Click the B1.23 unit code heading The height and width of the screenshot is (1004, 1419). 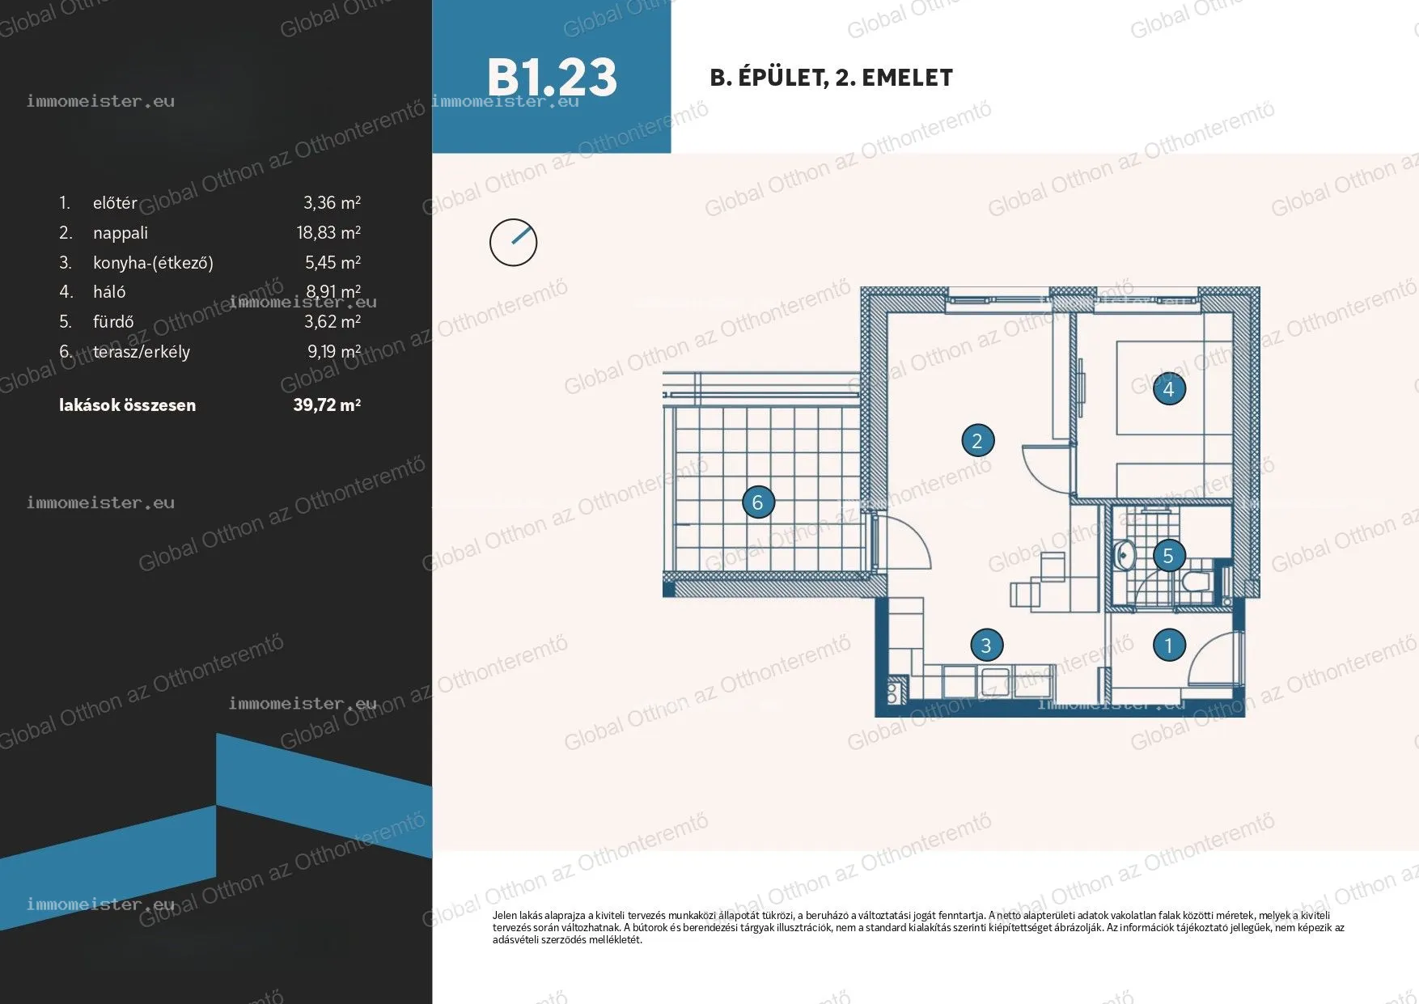552,78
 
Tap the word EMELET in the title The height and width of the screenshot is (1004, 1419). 907,78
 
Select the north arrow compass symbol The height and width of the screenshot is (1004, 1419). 514,242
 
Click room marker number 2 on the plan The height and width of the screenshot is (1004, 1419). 977,441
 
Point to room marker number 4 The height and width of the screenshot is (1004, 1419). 1168,389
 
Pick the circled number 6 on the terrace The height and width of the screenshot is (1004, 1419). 758,502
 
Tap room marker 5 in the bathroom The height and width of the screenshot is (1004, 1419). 1168,556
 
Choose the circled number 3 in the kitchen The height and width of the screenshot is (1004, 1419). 986,646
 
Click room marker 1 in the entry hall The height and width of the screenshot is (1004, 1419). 1169,646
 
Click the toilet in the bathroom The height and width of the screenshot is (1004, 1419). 1195,581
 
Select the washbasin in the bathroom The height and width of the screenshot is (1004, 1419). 1124,555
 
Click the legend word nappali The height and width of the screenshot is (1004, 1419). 121,233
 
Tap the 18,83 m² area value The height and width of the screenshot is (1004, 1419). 328,232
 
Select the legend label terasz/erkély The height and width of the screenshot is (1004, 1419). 142,352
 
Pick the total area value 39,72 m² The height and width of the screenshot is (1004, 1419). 327,405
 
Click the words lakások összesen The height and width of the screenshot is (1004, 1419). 127,405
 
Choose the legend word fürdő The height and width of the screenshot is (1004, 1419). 113,322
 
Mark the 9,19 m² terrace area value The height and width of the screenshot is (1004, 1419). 334,351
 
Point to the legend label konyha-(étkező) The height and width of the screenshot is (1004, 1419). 153,263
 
